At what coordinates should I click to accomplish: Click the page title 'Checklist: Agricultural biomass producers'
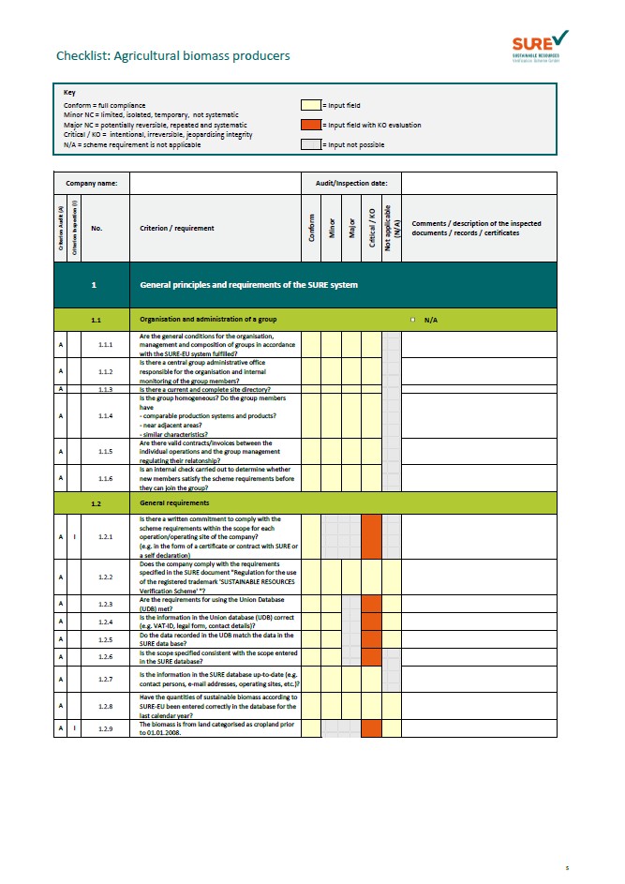click(x=172, y=56)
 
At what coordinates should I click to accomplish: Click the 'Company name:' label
click(x=90, y=183)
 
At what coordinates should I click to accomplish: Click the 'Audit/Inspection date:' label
click(x=350, y=183)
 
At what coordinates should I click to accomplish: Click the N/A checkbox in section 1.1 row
click(x=413, y=320)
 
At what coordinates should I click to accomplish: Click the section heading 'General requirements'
click(x=171, y=503)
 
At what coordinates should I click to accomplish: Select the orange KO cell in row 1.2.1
click(x=372, y=536)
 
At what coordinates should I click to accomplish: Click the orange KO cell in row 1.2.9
click(x=372, y=727)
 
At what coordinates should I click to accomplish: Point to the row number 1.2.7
click(x=105, y=678)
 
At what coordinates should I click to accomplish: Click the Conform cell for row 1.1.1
click(x=310, y=344)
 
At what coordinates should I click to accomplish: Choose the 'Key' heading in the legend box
click(x=69, y=93)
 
